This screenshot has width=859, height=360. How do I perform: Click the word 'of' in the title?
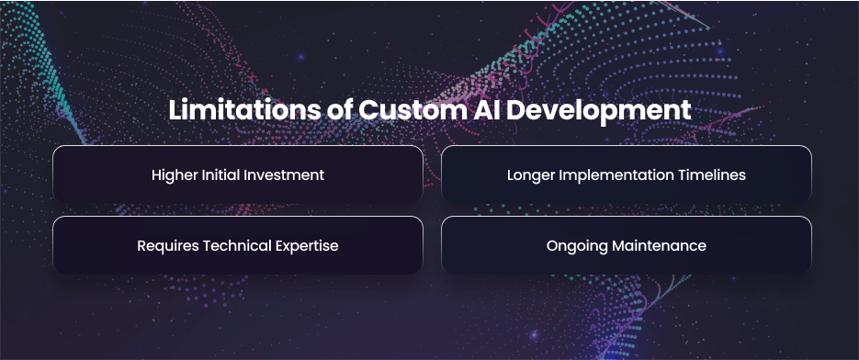coord(338,110)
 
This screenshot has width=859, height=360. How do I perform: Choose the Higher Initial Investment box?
coord(238,174)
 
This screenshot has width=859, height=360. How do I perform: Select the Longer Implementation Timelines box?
coord(627,174)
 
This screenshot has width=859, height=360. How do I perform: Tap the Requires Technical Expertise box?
coord(238,245)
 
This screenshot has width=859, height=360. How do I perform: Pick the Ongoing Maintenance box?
coord(627,245)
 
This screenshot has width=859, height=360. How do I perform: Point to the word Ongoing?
coord(577,246)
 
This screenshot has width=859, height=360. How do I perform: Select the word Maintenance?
coord(659,245)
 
